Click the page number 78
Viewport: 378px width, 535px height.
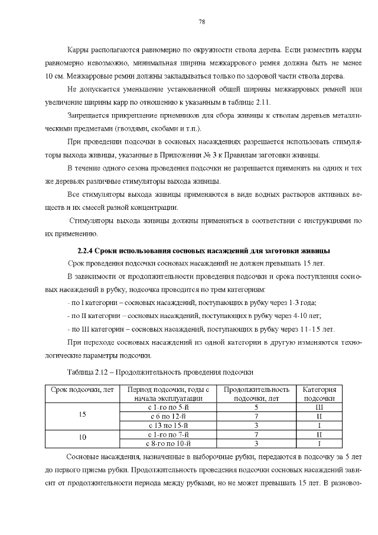click(201, 22)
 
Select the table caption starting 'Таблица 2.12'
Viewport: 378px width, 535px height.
click(160, 372)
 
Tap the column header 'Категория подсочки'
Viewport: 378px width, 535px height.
click(319, 394)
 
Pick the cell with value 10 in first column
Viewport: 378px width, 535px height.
click(82, 437)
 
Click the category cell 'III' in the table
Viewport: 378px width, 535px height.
click(319, 407)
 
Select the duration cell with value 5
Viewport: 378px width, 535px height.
click(256, 407)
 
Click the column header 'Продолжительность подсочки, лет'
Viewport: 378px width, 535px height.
click(256, 394)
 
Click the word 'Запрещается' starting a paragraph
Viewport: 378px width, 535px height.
click(88, 116)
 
